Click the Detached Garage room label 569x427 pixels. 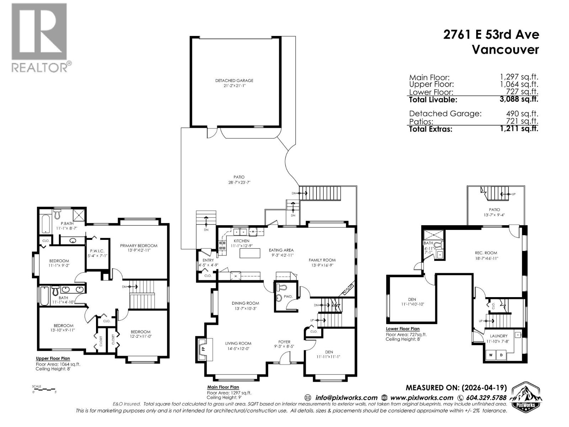(234, 81)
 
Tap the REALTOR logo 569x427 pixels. (39, 37)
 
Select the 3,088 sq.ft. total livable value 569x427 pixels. (519, 99)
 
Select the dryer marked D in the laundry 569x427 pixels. (501, 355)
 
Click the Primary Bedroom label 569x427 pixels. (138, 246)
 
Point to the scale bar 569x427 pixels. (44, 389)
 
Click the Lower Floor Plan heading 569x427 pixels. (403, 329)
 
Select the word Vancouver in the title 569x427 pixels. (505, 49)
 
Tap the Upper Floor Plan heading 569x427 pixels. (53, 358)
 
